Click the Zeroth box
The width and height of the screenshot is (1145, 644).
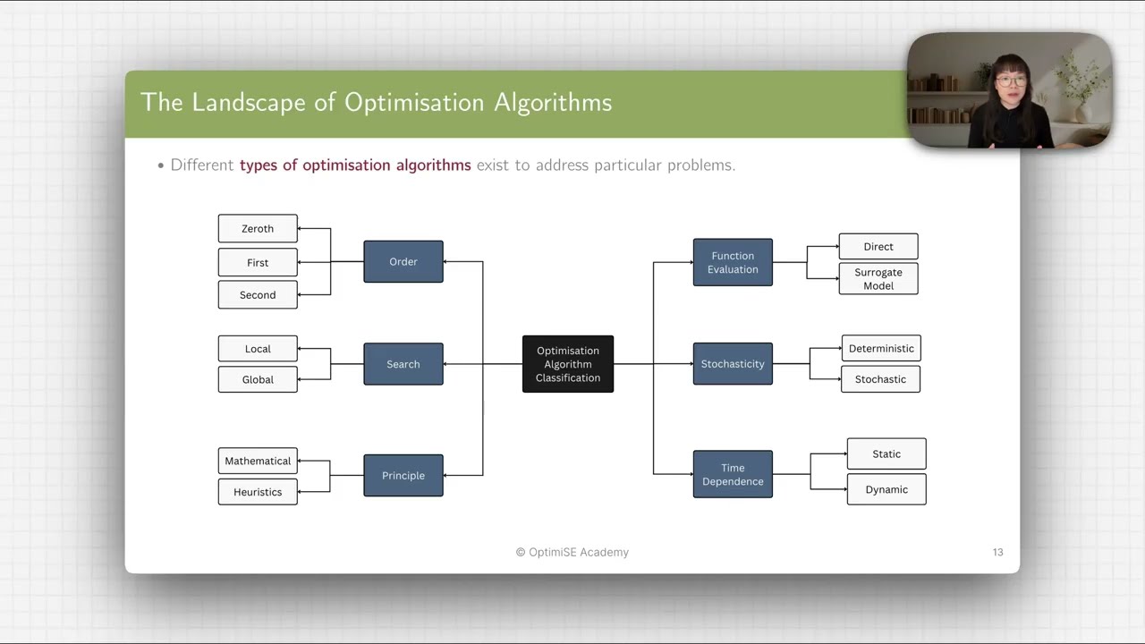258,228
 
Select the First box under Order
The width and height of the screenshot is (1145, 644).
258,262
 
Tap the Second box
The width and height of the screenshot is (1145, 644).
258,294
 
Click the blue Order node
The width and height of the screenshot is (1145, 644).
403,261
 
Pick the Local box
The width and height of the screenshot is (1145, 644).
258,349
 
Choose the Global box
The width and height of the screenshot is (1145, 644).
258,379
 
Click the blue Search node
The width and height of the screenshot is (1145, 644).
403,364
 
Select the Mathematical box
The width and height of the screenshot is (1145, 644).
258,461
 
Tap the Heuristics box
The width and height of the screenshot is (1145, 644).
258,492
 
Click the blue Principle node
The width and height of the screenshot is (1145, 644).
403,475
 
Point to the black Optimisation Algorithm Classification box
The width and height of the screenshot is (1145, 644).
568,364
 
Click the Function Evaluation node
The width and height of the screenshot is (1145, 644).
733,262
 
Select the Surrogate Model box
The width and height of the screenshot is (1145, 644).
878,279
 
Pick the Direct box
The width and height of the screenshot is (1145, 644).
878,247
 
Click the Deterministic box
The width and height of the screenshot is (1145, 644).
881,348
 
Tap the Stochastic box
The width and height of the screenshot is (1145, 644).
880,379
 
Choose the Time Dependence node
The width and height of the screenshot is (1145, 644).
733,474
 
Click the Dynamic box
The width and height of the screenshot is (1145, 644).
886,489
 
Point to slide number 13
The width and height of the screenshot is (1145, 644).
997,552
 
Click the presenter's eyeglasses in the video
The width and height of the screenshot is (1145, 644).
1010,81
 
